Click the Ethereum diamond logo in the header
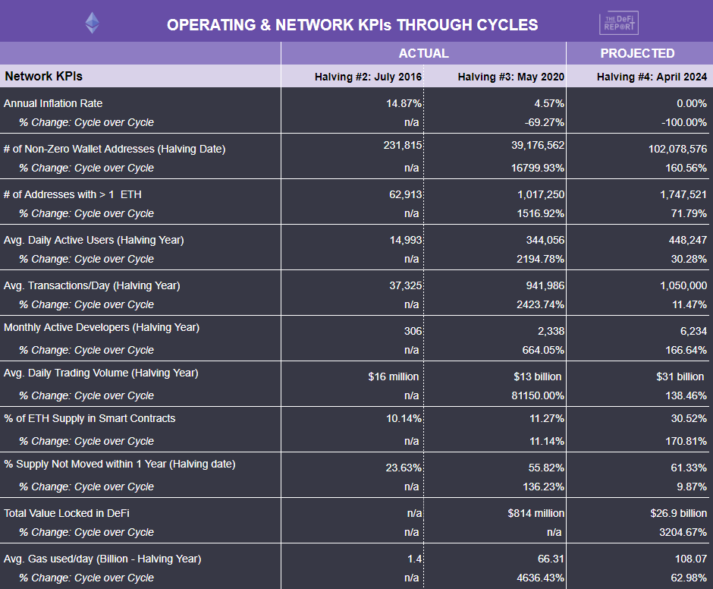click(x=93, y=23)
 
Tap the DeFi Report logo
click(x=619, y=23)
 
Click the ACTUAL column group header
click(x=423, y=53)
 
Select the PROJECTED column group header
click(x=637, y=53)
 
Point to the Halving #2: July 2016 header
click(x=369, y=77)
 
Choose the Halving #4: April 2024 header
click(x=652, y=77)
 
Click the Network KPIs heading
click(x=43, y=76)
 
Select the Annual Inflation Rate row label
click(x=53, y=103)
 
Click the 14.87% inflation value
click(x=404, y=103)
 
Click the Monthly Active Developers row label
click(x=102, y=327)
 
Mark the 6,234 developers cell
click(x=690, y=331)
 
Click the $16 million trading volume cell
click(x=393, y=376)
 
